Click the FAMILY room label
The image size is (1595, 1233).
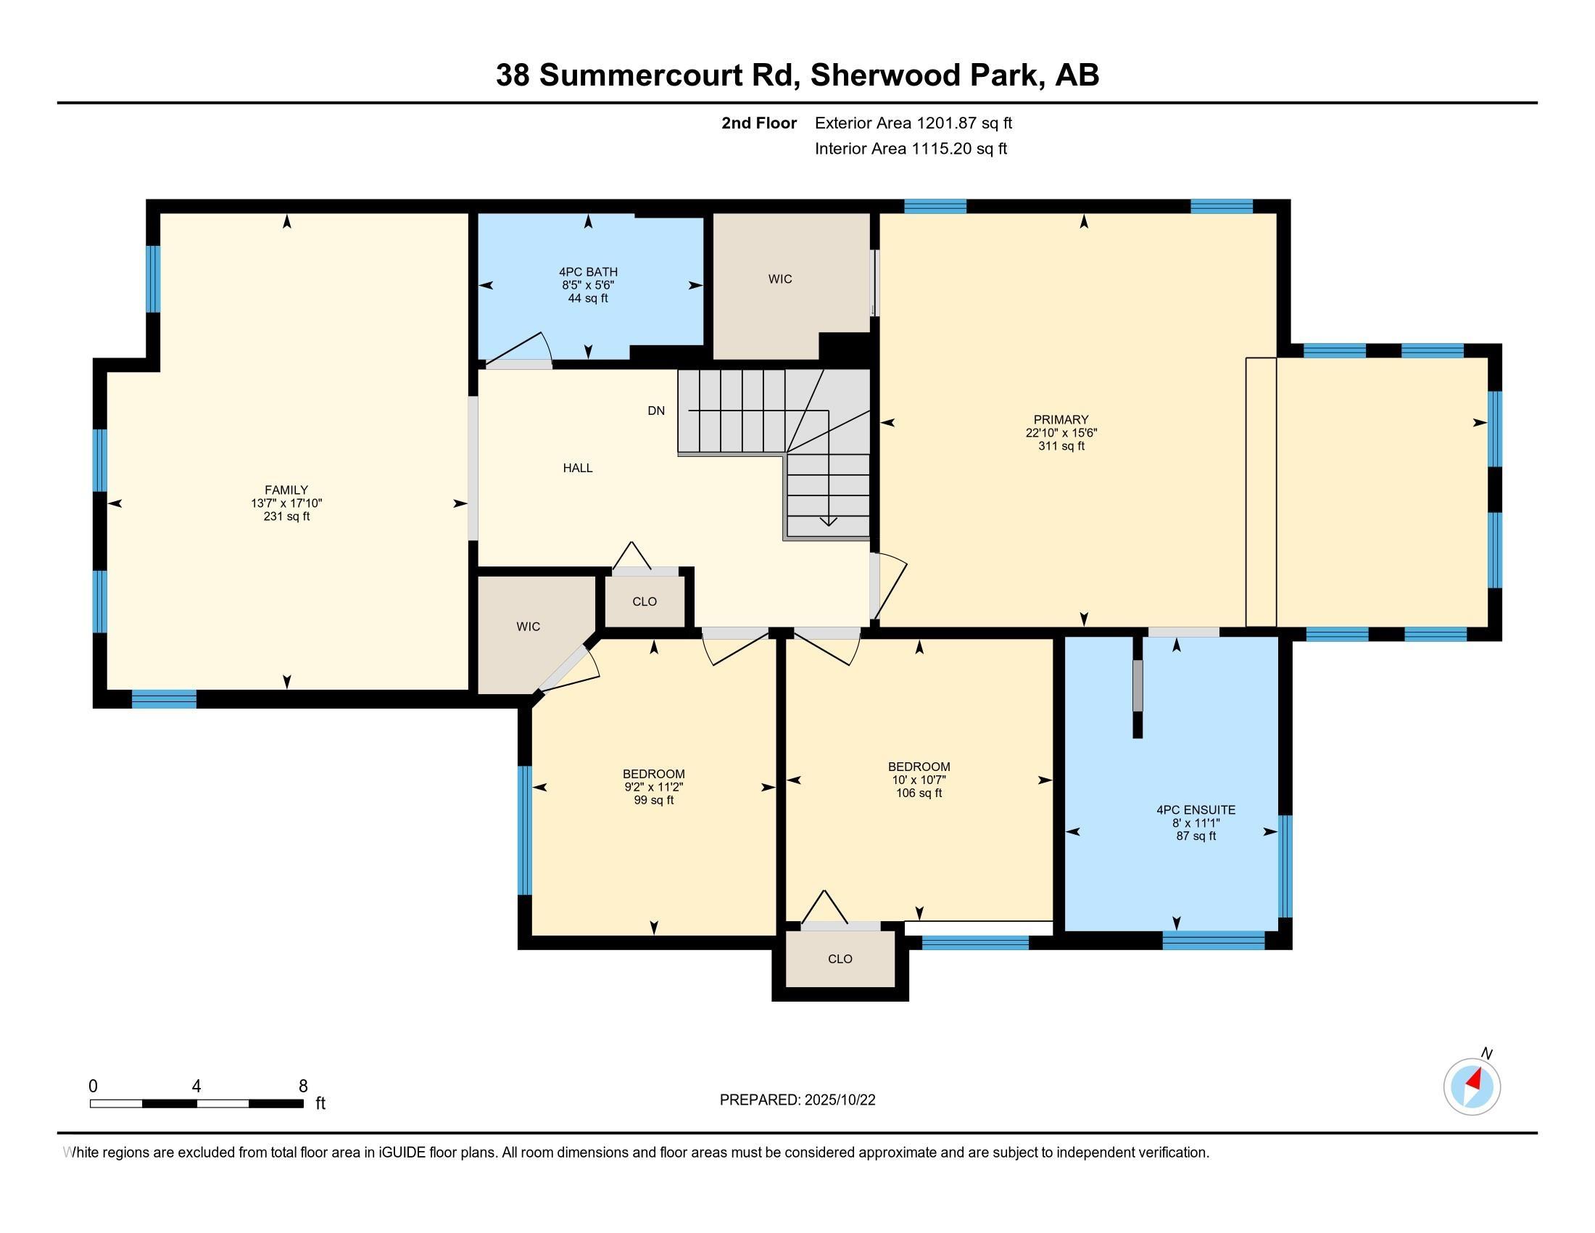click(286, 490)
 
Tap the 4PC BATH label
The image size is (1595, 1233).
click(588, 273)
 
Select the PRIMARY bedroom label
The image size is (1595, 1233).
click(1061, 419)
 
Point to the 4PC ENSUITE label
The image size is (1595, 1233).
click(1196, 809)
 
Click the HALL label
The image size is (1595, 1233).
click(578, 468)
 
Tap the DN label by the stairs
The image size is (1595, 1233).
click(656, 411)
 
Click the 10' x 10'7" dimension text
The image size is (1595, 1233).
click(919, 780)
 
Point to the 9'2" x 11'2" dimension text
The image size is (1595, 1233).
click(654, 787)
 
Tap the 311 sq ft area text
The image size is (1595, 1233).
click(1061, 445)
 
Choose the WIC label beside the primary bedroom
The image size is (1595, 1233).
click(780, 279)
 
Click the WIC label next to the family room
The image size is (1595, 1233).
click(528, 626)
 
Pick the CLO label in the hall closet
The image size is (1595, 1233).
click(644, 601)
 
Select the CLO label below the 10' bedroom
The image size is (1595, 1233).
click(840, 958)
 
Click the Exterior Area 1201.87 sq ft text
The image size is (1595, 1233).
click(913, 123)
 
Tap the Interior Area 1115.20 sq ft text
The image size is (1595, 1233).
click(911, 148)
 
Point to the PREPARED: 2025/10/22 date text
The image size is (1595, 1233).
click(797, 1100)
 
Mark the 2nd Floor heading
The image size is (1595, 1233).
click(759, 123)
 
